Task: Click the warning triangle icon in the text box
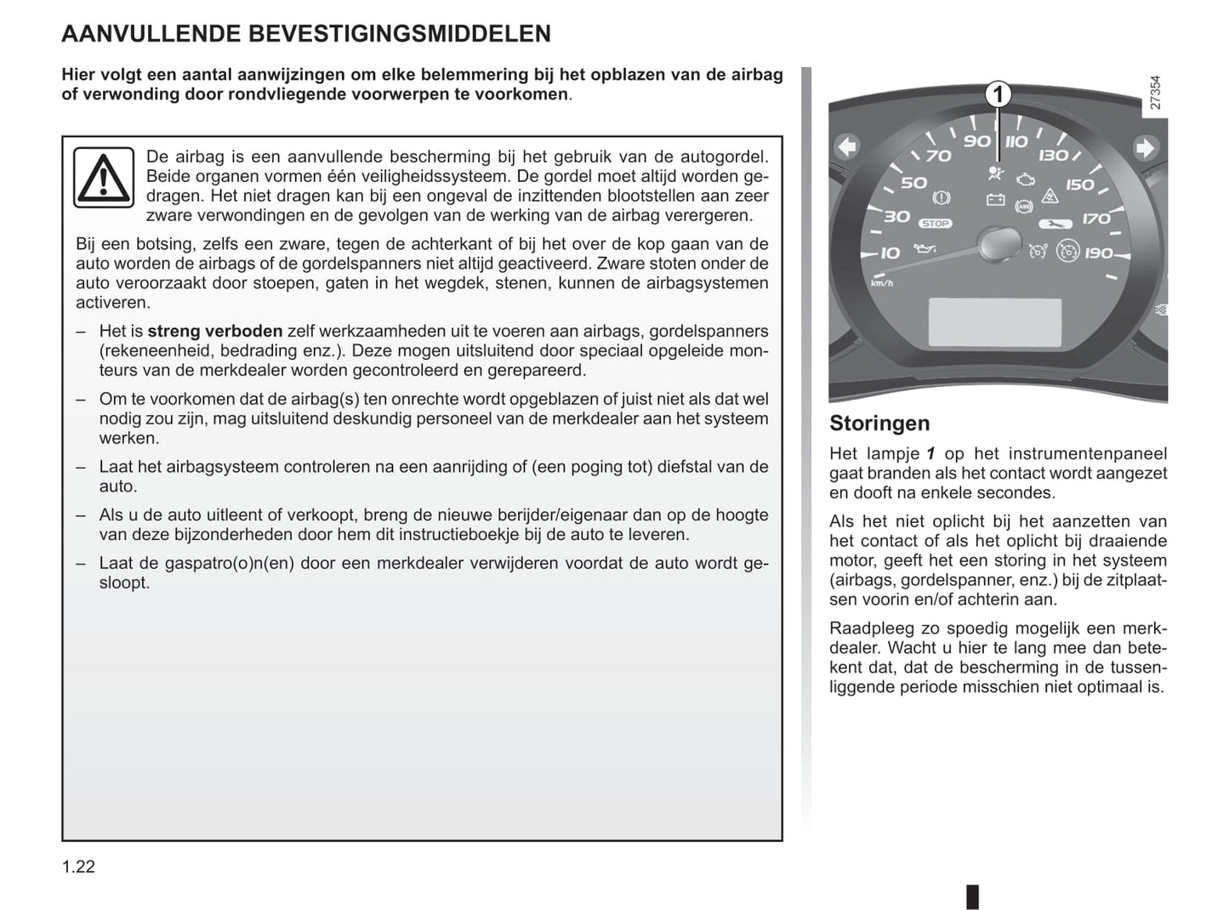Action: tap(103, 177)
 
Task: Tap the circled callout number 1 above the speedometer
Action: tap(999, 94)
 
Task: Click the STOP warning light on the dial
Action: tap(935, 224)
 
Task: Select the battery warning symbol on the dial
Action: tap(994, 201)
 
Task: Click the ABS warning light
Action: tap(1025, 206)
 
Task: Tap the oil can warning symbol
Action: tap(925, 248)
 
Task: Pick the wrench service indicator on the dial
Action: tap(1053, 225)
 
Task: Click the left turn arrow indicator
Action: tap(847, 147)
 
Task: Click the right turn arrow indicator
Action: tap(1145, 148)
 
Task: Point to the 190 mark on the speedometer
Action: tap(1098, 253)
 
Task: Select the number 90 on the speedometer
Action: tap(977, 141)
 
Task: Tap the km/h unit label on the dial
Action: tap(882, 282)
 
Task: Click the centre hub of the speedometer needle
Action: tap(999, 244)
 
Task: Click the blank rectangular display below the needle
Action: tap(994, 322)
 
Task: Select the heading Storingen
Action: tap(879, 423)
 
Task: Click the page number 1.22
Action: tap(78, 867)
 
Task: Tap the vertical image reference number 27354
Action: tap(1154, 93)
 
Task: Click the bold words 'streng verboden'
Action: tap(214, 332)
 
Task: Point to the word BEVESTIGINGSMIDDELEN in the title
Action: tap(399, 34)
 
